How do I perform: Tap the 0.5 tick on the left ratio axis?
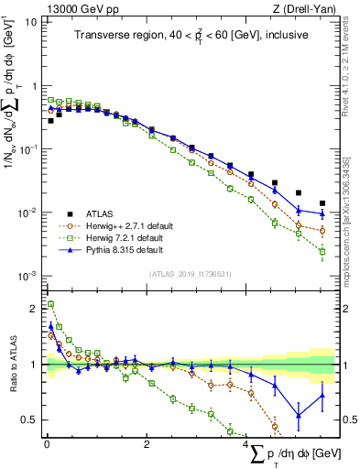(x=29, y=420)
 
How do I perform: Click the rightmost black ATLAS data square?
(x=322, y=203)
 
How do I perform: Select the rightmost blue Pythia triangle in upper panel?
(x=322, y=213)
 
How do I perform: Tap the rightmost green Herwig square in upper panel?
(x=322, y=251)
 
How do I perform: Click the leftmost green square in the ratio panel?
(x=50, y=304)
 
